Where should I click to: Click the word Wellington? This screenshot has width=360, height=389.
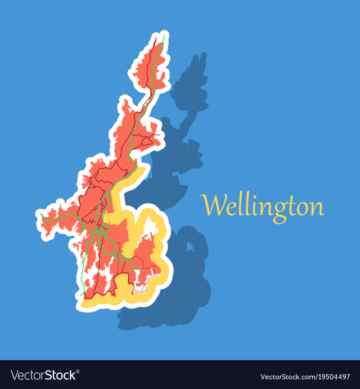pos(263,205)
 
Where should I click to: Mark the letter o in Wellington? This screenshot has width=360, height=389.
pos(302,208)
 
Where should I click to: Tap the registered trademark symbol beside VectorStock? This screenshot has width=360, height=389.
pos(78,372)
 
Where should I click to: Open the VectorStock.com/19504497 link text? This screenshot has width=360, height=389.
pos(304,375)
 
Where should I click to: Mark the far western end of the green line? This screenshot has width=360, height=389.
pos(41,214)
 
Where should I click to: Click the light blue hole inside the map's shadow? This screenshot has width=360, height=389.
pos(190,246)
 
